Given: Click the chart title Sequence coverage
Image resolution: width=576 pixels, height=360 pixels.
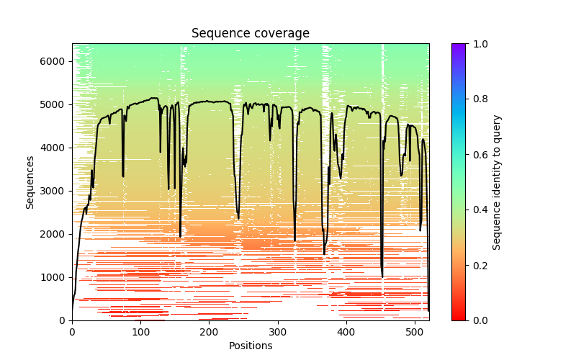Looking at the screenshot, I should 250,34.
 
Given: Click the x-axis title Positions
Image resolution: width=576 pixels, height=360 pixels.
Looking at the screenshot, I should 250,346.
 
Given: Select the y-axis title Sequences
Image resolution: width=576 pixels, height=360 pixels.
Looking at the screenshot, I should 30,181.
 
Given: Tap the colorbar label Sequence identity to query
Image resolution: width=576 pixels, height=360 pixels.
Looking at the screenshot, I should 497,181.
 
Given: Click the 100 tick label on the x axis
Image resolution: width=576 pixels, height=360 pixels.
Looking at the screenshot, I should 140,332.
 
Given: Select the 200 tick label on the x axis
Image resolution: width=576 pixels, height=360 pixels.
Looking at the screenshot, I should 209,332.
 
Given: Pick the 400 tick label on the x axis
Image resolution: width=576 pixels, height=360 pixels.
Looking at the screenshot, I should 346,332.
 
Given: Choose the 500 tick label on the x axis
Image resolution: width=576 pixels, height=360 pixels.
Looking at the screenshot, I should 415,332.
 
